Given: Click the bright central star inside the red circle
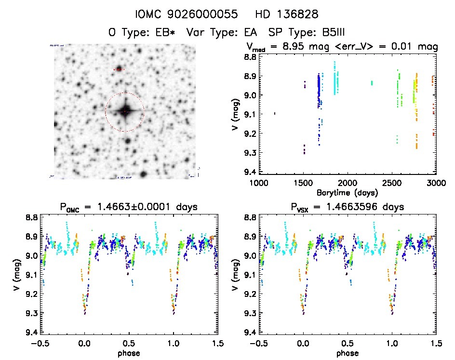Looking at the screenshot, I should pyautogui.click(x=124, y=112).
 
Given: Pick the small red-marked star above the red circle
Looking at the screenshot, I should pyautogui.click(x=119, y=69).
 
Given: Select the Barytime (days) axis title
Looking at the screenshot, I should pyautogui.click(x=347, y=192).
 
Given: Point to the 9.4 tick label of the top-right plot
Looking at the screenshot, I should pyautogui.click(x=250, y=172).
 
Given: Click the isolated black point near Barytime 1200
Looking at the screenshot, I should pyautogui.click(x=275, y=114).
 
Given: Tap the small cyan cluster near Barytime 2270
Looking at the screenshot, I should pyautogui.click(x=372, y=83).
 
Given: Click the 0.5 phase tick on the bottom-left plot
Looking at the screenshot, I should pyautogui.click(x=128, y=343).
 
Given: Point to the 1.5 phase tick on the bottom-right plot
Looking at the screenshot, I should pyautogui.click(x=436, y=343).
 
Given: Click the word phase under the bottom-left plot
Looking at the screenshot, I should pyautogui.click(x=128, y=353).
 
